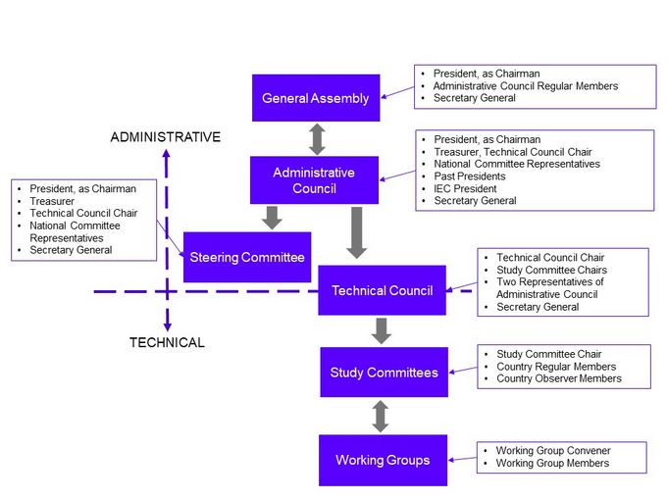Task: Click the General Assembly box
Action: [x=315, y=98]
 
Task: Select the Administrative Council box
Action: [x=314, y=180]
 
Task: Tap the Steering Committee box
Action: [x=246, y=258]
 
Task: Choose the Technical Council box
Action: [x=382, y=290]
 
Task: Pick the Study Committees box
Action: [x=383, y=373]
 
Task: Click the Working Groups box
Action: [x=383, y=460]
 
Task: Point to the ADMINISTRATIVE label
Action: [x=165, y=137]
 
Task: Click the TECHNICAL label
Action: [x=167, y=343]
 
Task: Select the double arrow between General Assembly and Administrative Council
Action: [x=316, y=138]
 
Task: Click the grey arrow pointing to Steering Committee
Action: [x=273, y=217]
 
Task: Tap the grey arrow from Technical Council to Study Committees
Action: [x=382, y=330]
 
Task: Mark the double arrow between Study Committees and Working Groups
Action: [x=382, y=416]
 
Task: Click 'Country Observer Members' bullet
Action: [x=558, y=378]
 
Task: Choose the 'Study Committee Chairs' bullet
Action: [x=551, y=270]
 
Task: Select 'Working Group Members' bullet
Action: [x=551, y=463]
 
